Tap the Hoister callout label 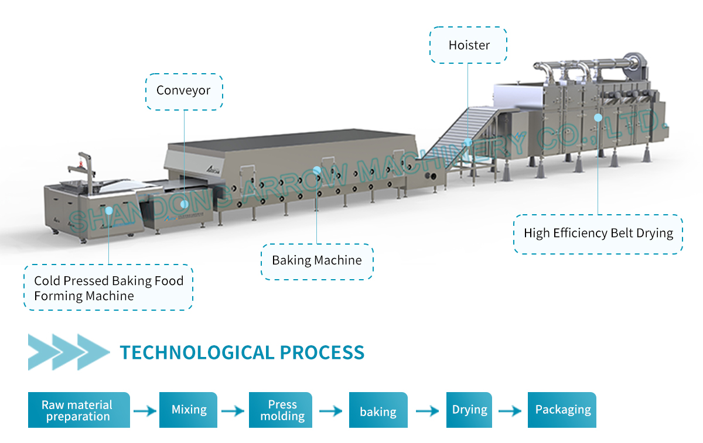pos(468,45)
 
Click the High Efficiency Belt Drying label pos(598,234)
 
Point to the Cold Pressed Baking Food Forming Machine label pos(108,287)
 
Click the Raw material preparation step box pos(79,410)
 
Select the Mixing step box pos(188,410)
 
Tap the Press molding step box pos(281,410)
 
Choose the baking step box pos(378,410)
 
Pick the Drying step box pos(469,410)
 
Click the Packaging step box pos(562,410)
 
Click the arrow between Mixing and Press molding pos(233,411)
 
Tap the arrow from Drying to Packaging pos(510,411)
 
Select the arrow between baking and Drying pos(428,411)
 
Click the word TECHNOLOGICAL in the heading pos(197,352)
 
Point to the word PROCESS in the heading pos(322,352)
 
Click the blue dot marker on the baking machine pos(317,170)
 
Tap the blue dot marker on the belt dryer pos(598,118)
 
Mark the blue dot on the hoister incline pos(468,142)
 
